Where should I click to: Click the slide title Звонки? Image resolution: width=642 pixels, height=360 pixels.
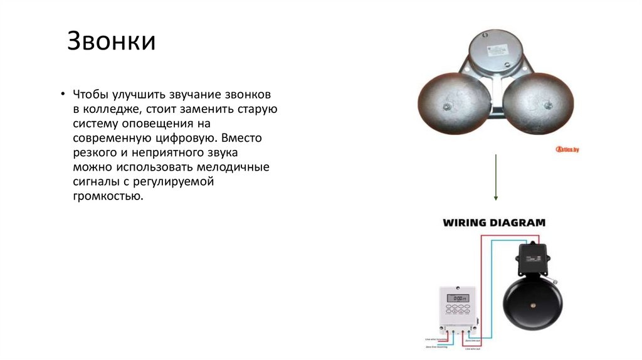point(112,41)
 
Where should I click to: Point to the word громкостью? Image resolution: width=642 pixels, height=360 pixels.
point(104,196)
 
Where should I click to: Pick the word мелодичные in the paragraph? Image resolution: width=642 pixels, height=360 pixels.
point(233,167)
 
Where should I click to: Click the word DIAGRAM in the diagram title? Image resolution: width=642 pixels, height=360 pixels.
point(519,223)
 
